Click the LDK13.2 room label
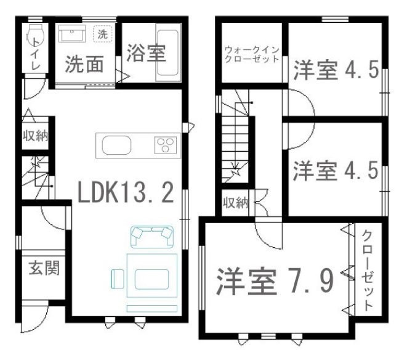point(126,192)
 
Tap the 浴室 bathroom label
point(146,54)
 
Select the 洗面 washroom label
point(84,64)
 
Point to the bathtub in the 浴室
point(168,52)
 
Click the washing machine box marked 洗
point(103,34)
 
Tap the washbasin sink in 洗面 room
point(71,34)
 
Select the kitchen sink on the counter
point(116,145)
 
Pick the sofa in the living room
point(152,237)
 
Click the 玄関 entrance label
point(44,268)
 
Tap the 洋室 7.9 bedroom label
point(275,282)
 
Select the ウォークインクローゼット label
point(251,54)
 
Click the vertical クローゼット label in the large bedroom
point(367,271)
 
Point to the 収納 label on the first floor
point(35,136)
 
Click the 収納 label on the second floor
point(236,203)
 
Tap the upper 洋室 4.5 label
point(336,70)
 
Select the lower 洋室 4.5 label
point(336,170)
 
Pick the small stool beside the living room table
point(118,279)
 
